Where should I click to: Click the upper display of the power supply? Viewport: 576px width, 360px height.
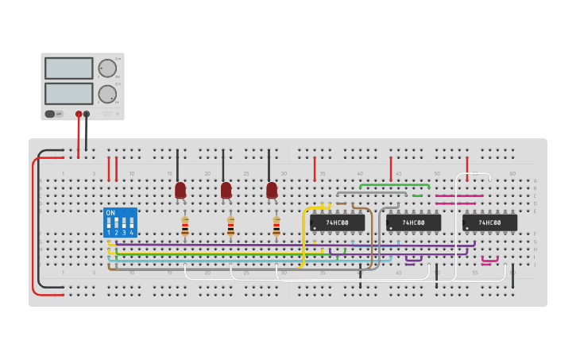click(68, 68)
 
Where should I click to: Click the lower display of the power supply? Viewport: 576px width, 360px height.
click(68, 94)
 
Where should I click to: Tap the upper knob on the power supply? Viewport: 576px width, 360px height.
click(106, 68)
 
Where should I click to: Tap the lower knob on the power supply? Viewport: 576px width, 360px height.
click(106, 94)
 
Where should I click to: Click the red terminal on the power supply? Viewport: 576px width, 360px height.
click(79, 114)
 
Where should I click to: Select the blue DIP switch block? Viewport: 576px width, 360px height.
click(120, 223)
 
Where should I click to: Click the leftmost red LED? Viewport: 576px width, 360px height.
click(180, 190)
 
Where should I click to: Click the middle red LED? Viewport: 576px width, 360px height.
click(226, 190)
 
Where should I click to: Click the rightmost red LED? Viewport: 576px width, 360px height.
click(272, 190)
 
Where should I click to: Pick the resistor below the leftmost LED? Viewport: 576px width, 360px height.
click(185, 227)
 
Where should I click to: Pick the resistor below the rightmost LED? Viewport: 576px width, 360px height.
click(276, 227)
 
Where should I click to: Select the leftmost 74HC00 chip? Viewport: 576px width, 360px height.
click(338, 223)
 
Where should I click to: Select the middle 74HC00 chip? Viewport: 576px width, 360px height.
click(413, 223)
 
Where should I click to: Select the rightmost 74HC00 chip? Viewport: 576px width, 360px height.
click(489, 223)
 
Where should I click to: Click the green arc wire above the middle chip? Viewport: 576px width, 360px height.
click(394, 185)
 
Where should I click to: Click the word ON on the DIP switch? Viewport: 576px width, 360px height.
click(110, 213)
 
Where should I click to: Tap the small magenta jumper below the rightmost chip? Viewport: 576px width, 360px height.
click(489, 260)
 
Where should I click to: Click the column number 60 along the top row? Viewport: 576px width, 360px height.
click(512, 173)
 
